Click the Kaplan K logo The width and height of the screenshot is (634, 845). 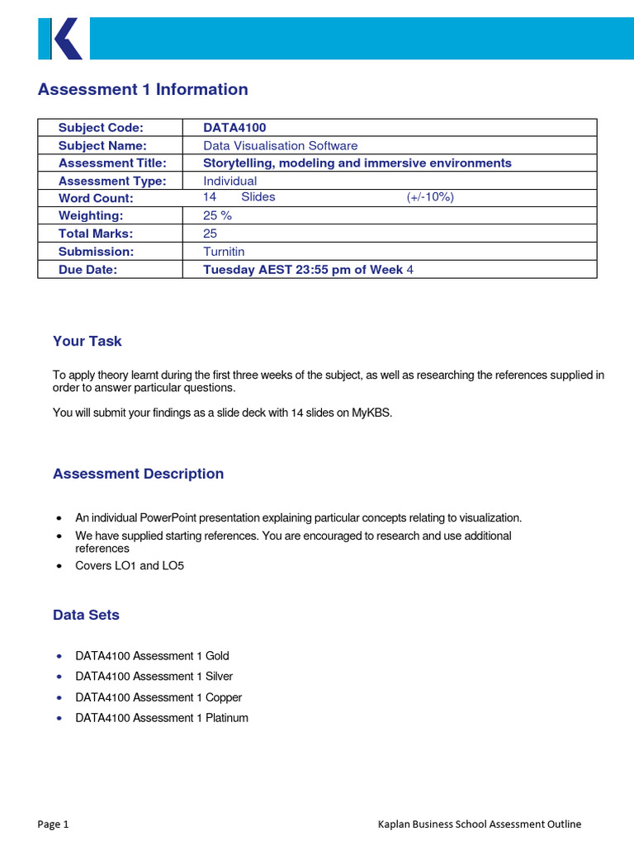click(60, 39)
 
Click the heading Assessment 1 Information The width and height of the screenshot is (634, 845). click(143, 90)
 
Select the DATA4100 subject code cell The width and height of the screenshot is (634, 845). click(234, 128)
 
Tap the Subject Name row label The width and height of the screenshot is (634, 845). click(102, 145)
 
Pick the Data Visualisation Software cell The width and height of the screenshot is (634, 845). click(280, 145)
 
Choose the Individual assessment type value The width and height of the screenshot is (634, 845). click(229, 181)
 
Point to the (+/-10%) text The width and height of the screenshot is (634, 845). click(430, 197)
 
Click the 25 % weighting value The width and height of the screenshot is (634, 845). click(217, 215)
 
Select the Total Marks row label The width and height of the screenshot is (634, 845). click(96, 234)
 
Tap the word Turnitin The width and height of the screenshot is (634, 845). click(224, 252)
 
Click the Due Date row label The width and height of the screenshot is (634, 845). click(88, 270)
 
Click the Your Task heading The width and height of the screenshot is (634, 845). click(87, 342)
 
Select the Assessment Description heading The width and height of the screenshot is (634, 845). click(138, 474)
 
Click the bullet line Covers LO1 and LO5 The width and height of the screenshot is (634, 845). click(129, 566)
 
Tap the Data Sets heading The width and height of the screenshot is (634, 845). click(86, 615)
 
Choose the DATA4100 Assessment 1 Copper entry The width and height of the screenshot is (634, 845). click(158, 697)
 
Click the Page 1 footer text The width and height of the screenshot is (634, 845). click(54, 824)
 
